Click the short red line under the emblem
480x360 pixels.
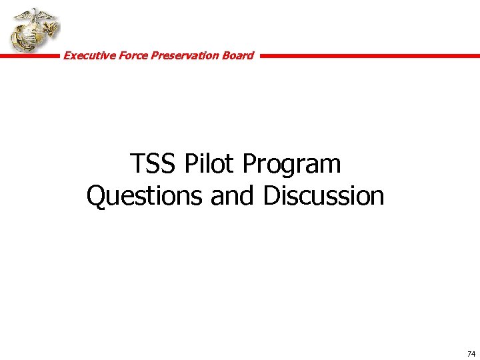(30, 56)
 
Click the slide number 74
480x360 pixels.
(471, 353)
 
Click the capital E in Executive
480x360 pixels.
(67, 55)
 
